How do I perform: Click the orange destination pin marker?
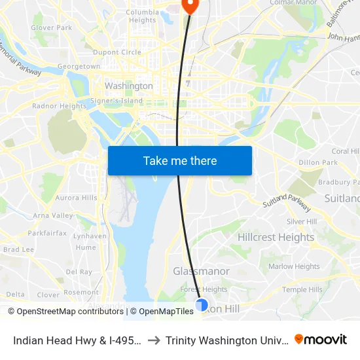190,5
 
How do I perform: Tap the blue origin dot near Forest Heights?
202,305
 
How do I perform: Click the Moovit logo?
321,340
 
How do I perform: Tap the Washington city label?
129,86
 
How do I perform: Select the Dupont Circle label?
117,52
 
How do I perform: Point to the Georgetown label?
79,67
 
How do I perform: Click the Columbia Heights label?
142,16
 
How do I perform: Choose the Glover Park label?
52,28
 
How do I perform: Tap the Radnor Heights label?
59,106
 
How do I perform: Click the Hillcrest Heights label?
276,237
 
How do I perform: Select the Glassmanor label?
201,271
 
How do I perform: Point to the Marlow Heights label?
294,266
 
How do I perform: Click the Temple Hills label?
302,289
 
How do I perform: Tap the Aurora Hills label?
76,198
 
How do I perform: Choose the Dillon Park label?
317,162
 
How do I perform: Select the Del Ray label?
79,272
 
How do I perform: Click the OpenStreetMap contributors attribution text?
65,312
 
